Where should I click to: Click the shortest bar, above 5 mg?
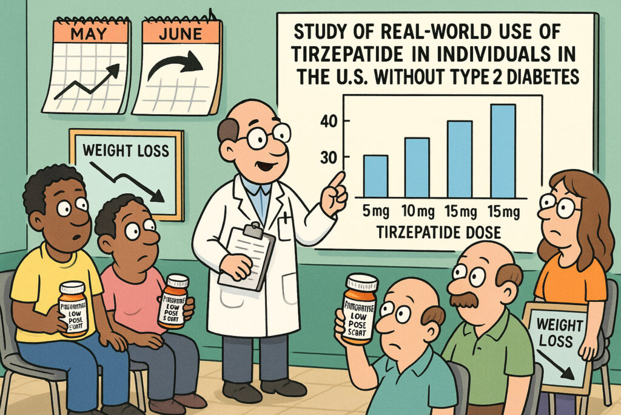tap(376, 176)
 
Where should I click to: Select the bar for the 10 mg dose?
tap(417, 168)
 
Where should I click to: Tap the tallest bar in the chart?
tap(503, 151)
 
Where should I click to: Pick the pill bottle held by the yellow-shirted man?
tap(73, 308)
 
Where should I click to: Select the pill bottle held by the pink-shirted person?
tap(175, 301)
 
